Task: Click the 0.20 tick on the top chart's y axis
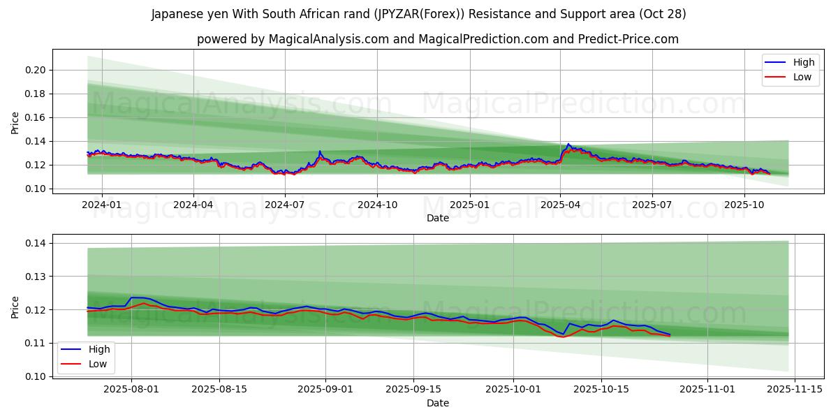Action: pyautogui.click(x=37, y=70)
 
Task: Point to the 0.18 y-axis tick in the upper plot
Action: pyautogui.click(x=37, y=94)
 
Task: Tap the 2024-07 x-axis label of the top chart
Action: pyautogui.click(x=285, y=205)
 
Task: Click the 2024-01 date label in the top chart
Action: pyautogui.click(x=102, y=205)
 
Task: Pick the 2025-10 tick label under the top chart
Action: pyautogui.click(x=744, y=205)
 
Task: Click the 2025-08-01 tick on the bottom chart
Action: pyautogui.click(x=131, y=390)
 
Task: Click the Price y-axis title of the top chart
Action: pyautogui.click(x=15, y=122)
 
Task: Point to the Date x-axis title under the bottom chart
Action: pyautogui.click(x=438, y=403)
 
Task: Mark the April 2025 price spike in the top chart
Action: pyautogui.click(x=568, y=145)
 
